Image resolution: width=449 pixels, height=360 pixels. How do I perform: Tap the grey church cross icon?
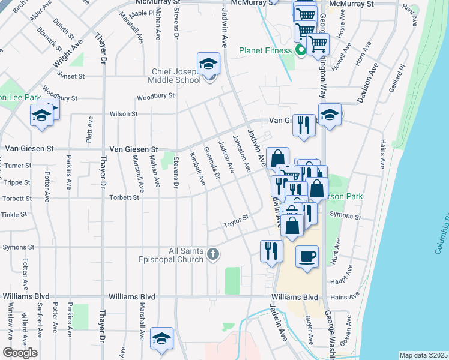212,255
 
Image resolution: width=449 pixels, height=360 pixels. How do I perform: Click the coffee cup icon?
307,257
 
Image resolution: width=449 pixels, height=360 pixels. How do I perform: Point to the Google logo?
20,353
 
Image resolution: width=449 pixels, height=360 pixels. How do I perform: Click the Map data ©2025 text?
423,355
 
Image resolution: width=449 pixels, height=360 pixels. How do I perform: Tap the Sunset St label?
70,76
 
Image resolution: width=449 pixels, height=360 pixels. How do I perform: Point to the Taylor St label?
236,221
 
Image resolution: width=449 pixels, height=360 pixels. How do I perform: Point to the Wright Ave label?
68,53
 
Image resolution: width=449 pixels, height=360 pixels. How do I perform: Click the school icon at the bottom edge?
161,339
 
